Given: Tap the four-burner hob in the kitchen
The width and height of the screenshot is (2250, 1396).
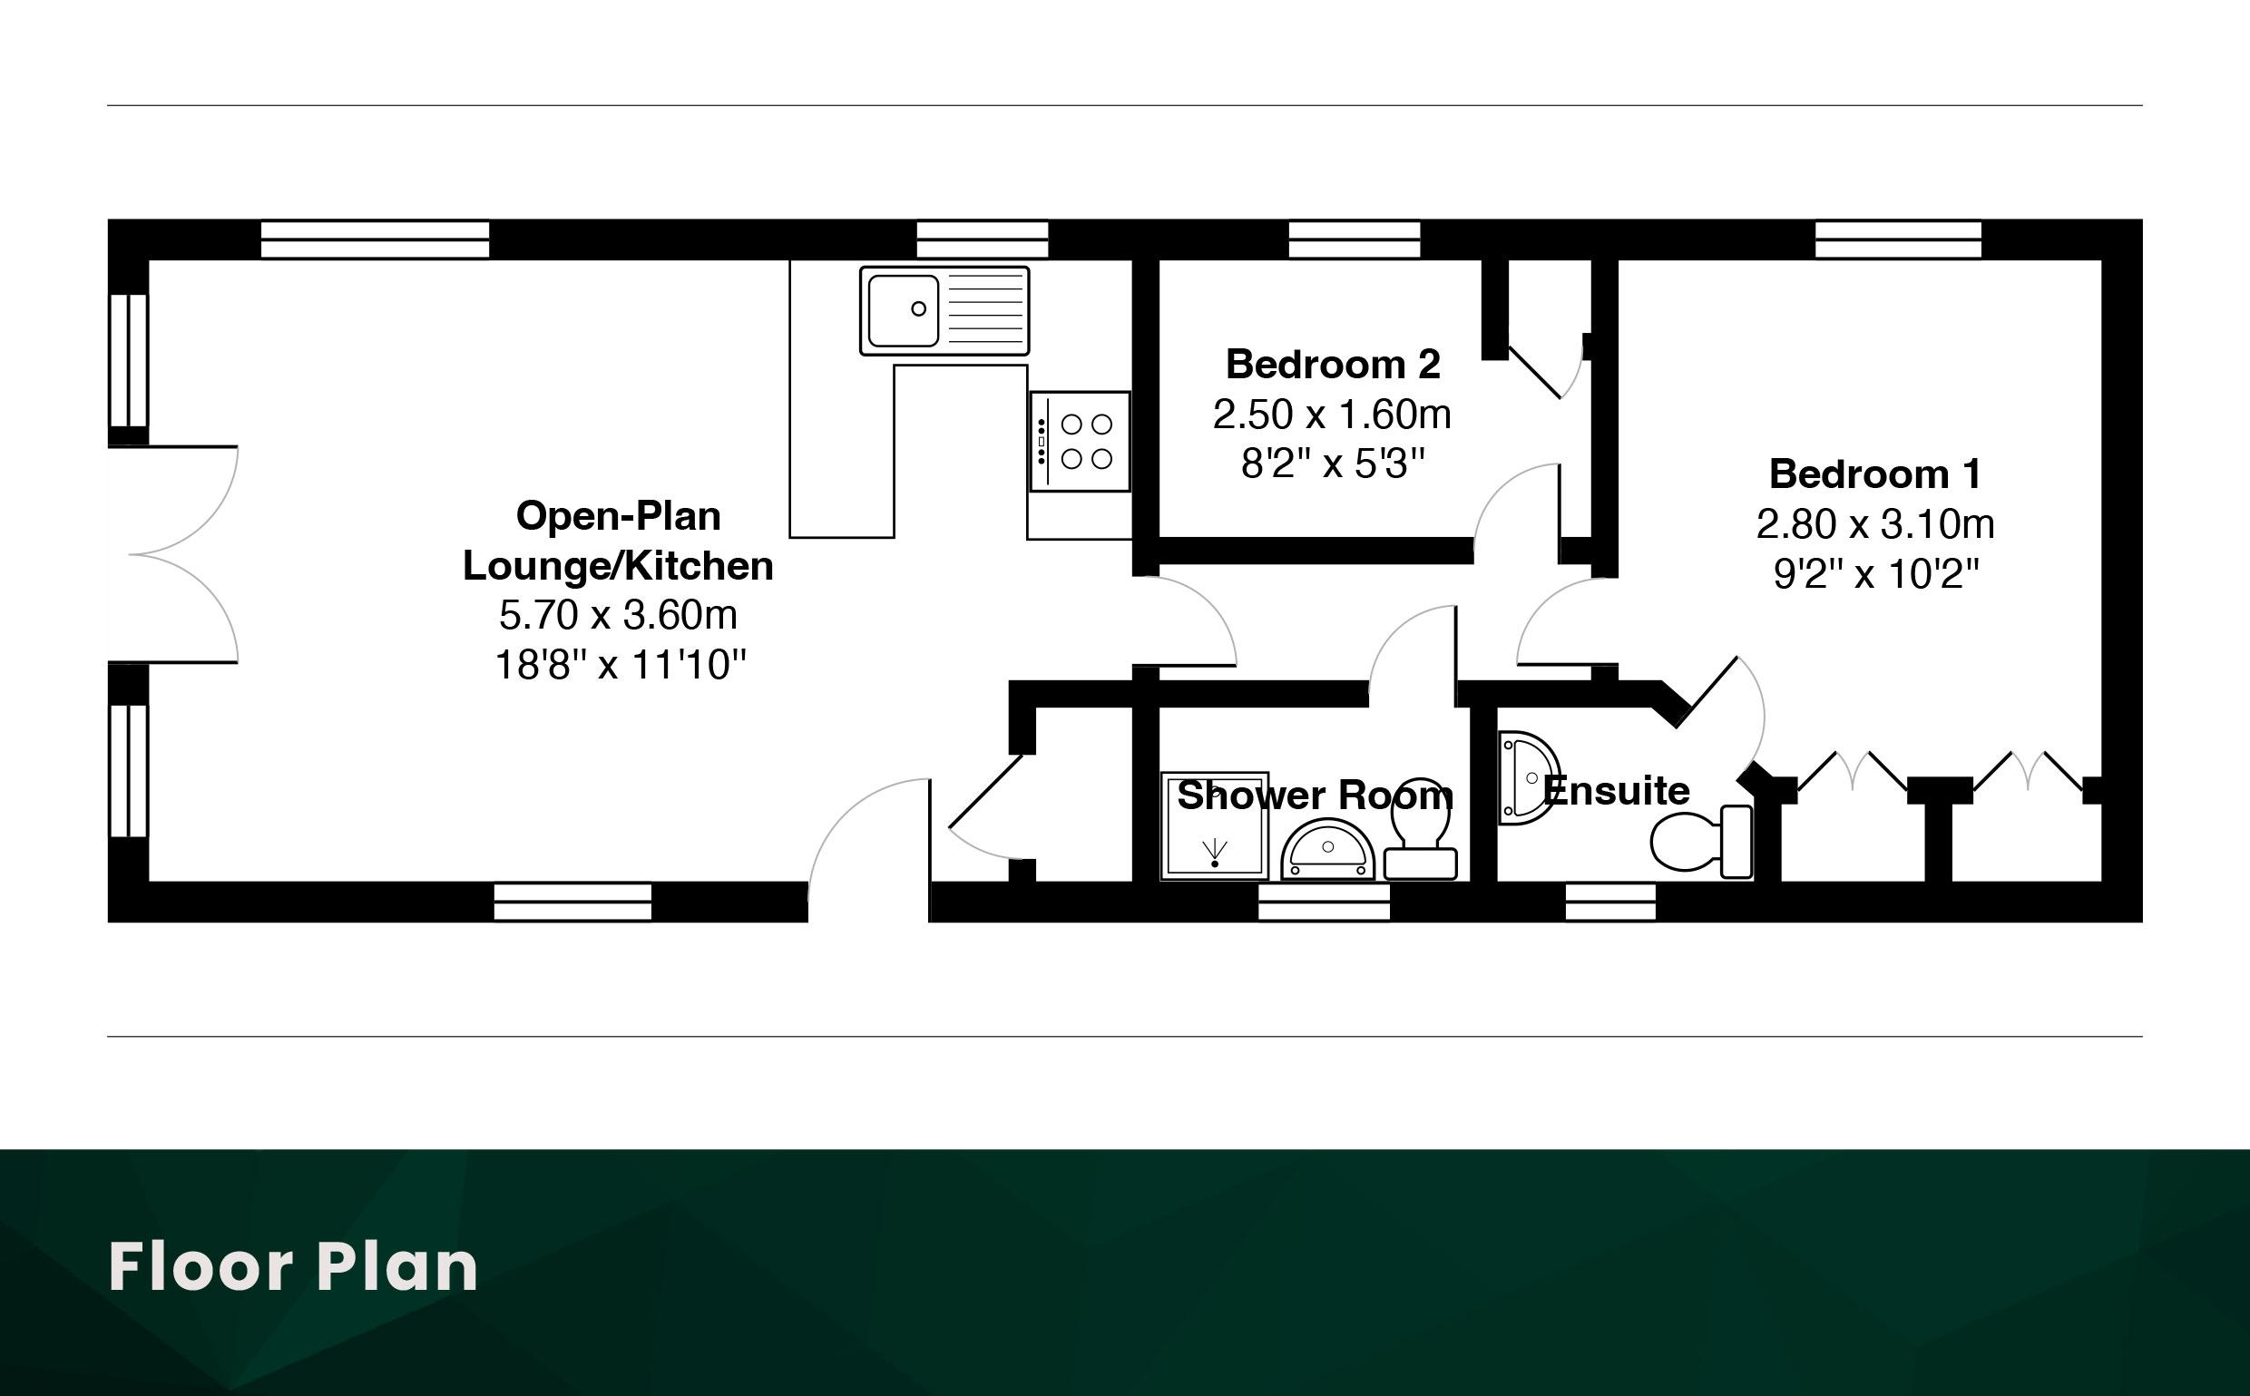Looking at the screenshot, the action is (1081, 442).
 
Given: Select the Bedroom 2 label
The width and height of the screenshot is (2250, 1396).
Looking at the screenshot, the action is (1332, 365).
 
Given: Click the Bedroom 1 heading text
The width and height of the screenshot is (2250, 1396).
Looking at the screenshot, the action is (1874, 473).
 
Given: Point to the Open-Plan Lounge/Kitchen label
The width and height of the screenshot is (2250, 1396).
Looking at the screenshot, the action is (618, 540).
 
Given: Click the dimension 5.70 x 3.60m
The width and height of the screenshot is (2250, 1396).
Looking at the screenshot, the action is (618, 615).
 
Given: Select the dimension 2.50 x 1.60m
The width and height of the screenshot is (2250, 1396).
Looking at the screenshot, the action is (1332, 415).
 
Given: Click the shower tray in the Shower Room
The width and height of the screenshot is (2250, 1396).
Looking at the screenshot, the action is (1214, 825).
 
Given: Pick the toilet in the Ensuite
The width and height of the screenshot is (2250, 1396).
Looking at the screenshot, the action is (1702, 840).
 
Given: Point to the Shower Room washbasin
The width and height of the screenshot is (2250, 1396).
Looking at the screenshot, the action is (1327, 850).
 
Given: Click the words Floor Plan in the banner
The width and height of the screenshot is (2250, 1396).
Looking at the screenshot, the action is (294, 1266).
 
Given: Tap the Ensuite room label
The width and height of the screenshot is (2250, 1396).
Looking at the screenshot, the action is (1616, 791).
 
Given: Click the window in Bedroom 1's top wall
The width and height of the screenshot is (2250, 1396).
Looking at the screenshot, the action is (1897, 239).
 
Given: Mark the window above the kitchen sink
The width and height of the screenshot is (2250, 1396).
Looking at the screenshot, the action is (983, 239).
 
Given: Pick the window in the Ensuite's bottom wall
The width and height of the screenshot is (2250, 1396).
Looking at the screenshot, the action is (1610, 902).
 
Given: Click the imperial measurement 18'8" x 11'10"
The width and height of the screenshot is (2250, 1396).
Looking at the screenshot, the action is (621, 665).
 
